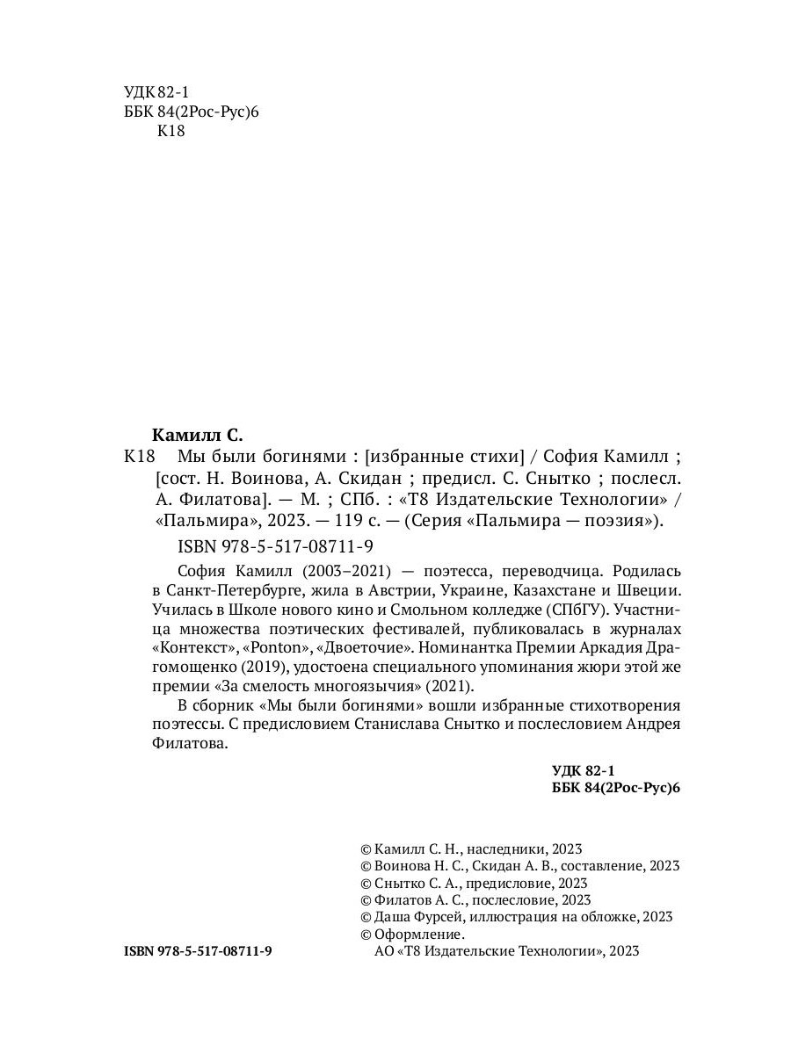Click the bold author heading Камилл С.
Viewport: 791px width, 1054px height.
[x=197, y=434]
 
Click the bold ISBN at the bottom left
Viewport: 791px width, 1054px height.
[x=199, y=951]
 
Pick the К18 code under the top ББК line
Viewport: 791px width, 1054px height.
[x=171, y=132]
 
